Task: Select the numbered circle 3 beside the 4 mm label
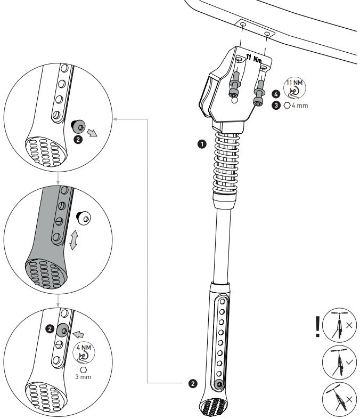(x=276, y=106)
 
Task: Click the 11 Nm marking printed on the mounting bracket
(x=254, y=57)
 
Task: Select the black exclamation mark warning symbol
(x=318, y=327)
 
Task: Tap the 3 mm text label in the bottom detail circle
(x=83, y=375)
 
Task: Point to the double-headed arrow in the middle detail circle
(x=75, y=241)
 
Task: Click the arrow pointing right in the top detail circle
(x=93, y=132)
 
